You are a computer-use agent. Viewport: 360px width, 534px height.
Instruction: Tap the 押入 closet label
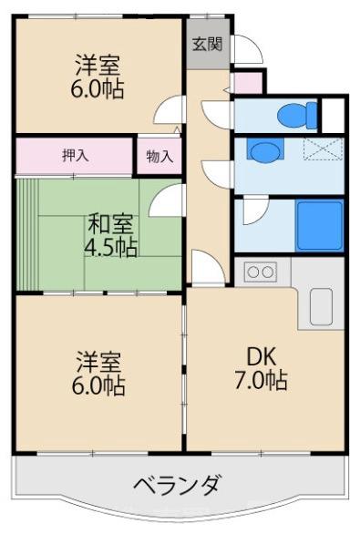[x=75, y=155]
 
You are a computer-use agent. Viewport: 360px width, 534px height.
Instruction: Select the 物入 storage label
[x=159, y=156]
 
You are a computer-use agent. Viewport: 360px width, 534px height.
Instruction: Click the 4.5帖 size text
[x=108, y=247]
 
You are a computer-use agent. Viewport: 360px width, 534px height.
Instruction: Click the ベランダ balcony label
[x=175, y=484]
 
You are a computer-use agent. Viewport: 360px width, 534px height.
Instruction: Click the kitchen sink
[x=322, y=306]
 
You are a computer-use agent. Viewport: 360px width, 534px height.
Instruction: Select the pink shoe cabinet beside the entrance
[x=247, y=84]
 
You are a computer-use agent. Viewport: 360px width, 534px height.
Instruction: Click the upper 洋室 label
[x=98, y=66]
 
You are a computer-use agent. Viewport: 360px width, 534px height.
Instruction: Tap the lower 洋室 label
[x=98, y=360]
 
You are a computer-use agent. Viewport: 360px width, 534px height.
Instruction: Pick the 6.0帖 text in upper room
[x=98, y=90]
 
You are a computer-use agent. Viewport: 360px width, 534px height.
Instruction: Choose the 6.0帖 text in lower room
[x=98, y=385]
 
